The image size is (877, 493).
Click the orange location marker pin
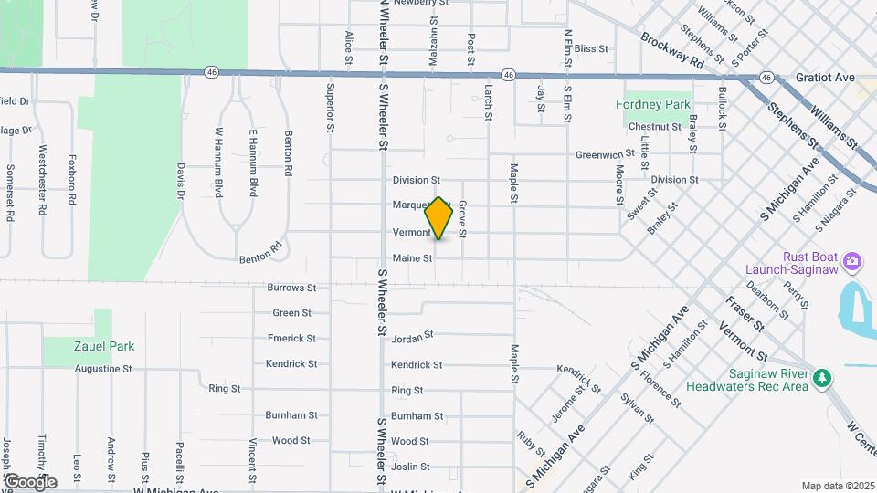439,218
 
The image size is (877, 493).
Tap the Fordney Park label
653,105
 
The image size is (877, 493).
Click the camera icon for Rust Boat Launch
852,262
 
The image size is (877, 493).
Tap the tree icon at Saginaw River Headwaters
822,377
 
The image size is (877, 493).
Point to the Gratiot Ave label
824,79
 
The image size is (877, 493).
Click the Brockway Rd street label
672,52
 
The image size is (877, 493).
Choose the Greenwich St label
605,154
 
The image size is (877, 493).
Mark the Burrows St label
291,288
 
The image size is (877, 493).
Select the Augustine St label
103,369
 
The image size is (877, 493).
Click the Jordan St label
411,339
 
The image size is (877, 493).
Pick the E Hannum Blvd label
253,163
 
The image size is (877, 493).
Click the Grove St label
463,220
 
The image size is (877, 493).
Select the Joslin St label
410,467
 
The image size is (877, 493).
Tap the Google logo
30,481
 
